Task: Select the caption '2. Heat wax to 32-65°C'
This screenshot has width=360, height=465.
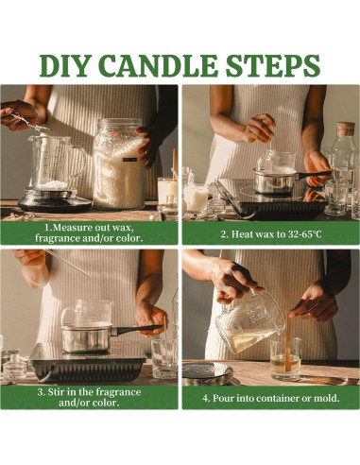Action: pyautogui.click(x=271, y=234)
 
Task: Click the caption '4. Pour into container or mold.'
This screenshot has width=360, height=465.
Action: pyautogui.click(x=271, y=398)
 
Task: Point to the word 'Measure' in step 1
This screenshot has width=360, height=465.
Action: pyautogui.click(x=70, y=228)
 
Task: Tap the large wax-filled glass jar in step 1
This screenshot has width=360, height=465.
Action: pyautogui.click(x=119, y=164)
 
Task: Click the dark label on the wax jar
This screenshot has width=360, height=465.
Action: pyautogui.click(x=129, y=160)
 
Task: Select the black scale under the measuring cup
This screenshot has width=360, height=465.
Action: pyautogui.click(x=55, y=200)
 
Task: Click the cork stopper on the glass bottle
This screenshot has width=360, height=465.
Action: pyautogui.click(x=346, y=129)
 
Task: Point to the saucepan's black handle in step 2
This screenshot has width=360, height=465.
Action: pyautogui.click(x=313, y=175)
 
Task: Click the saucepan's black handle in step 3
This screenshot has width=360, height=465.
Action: pyautogui.click(x=138, y=329)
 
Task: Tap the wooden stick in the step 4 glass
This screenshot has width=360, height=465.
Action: pyautogui.click(x=287, y=342)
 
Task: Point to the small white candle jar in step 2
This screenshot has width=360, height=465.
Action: pyautogui.click(x=196, y=198)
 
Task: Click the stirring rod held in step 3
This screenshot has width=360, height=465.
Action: pyautogui.click(x=68, y=263)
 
